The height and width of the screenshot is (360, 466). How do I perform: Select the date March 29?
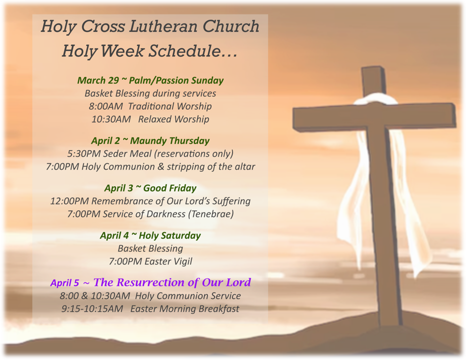click(x=98, y=80)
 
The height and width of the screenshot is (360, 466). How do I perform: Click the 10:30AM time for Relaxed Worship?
click(x=111, y=119)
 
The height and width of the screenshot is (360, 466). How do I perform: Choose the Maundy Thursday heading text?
click(x=169, y=141)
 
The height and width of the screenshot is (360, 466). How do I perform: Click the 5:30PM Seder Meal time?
click(x=84, y=153)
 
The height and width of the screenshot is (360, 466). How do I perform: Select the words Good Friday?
click(x=169, y=188)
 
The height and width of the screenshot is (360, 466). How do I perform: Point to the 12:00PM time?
click(x=69, y=201)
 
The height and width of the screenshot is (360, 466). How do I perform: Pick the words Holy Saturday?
click(x=169, y=235)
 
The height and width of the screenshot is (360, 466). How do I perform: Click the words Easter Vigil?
click(x=168, y=261)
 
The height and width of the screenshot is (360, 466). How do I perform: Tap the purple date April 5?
click(x=64, y=282)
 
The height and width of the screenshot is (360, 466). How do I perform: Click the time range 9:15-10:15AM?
click(x=92, y=309)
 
